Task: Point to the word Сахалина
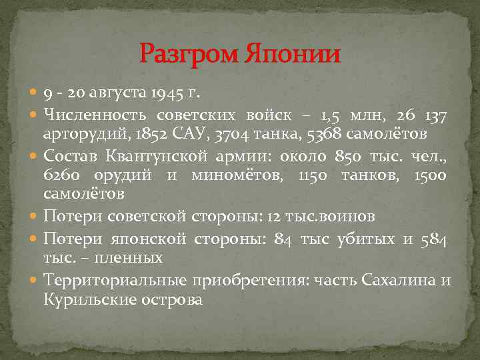(397, 281)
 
